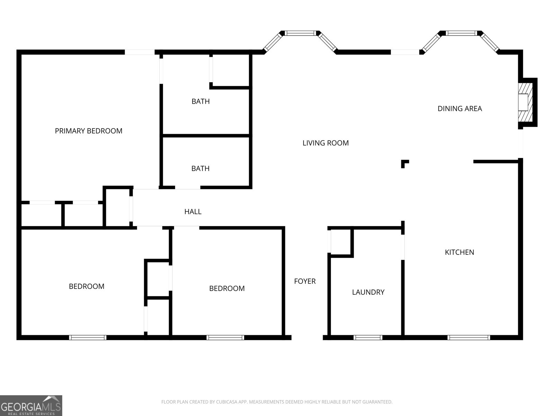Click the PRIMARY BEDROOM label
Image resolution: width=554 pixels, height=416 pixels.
[89, 131]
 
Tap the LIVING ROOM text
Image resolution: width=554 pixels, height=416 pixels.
[325, 143]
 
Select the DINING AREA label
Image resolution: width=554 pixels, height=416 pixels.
[459, 109]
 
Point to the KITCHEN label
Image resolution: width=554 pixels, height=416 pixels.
[459, 252]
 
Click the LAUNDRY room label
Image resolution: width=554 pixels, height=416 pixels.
[368, 292]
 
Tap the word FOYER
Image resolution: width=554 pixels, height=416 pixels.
[305, 281]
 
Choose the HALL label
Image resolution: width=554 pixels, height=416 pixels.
[193, 212]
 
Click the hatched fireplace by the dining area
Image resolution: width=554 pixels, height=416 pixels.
[526, 102]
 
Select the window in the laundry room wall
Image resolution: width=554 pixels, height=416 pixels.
[368, 337]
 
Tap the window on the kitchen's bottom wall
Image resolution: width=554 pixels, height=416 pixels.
[469, 337]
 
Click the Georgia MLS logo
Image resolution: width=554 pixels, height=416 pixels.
[31, 405]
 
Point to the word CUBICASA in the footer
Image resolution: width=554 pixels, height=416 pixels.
[226, 402]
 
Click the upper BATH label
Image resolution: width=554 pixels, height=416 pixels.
[200, 101]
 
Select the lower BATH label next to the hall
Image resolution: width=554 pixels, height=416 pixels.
[200, 168]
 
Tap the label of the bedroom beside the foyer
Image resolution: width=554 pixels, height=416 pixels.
[227, 288]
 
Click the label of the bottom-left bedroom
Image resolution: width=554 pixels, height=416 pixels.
[87, 286]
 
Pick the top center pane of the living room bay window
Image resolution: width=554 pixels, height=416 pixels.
[300, 33]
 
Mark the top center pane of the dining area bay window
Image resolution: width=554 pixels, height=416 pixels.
[461, 33]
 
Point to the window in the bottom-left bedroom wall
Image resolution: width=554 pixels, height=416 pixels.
[88, 337]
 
